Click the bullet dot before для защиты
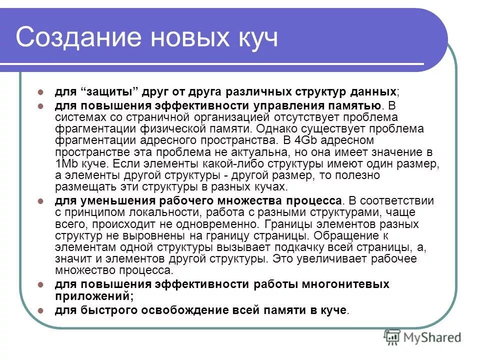coord(42,92)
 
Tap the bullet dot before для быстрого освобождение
coord(42,310)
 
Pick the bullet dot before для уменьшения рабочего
coord(42,201)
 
